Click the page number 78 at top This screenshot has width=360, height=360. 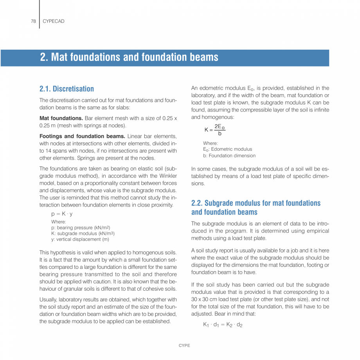coord(33,21)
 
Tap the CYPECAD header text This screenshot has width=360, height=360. coord(53,21)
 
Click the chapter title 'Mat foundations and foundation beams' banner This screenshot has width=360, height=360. coord(129,57)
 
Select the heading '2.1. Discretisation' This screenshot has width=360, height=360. coord(67,89)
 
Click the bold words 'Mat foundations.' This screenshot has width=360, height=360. coord(61,118)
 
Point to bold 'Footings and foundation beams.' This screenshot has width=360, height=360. coord(82,136)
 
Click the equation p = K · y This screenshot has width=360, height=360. coord(62,214)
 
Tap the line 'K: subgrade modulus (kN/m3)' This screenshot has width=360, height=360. coord(83,234)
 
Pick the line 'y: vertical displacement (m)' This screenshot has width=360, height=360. coord(80,239)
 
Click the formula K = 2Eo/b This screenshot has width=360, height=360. coord(215,130)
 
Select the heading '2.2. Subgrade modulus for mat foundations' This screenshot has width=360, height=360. coord(256,203)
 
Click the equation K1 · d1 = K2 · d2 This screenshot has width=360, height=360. coord(223,325)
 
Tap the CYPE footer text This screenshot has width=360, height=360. coord(184,346)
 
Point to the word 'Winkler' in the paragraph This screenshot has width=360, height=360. coord(168,176)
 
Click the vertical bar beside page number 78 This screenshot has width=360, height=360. coord(40,14)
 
